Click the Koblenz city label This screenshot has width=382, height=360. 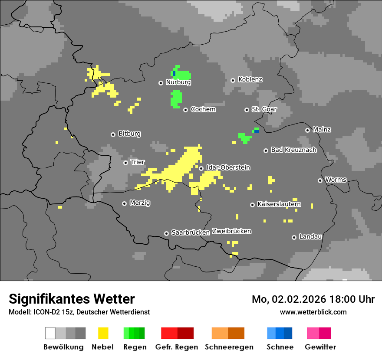coord(250,80)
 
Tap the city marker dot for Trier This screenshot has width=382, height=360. coord(125,163)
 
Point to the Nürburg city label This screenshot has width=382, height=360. coord(178,82)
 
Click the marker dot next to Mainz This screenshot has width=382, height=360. coord(307,130)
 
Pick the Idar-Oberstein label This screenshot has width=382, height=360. coord(228,167)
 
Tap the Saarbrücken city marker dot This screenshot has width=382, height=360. coord(166,233)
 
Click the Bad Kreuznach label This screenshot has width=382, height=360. coord(293,150)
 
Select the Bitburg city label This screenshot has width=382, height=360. coord(129,134)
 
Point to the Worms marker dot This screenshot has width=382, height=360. coord(320,180)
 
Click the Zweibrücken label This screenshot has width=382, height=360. coord(231,231)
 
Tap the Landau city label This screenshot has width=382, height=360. coord(310,237)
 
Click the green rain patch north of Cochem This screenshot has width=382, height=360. coord(176,99)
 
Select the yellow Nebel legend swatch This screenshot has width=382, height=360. coord(103,333)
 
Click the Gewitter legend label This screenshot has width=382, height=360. coord(320,347)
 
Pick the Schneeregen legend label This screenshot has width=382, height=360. coord(229,347)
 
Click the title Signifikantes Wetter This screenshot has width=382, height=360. coord(72,299)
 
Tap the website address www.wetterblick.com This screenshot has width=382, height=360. coord(313,312)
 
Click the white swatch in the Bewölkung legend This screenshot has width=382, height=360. coord(50,333)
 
